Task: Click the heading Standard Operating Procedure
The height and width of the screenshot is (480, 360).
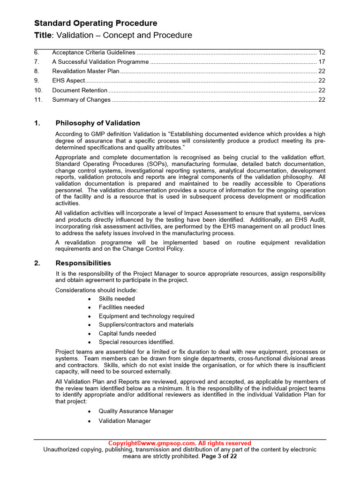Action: point(96,23)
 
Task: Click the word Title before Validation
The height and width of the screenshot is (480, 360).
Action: point(44,36)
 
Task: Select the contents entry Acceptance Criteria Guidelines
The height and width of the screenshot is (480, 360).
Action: point(93,52)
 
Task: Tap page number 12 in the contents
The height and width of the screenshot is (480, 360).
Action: point(322,52)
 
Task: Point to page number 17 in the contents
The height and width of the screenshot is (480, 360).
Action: point(322,62)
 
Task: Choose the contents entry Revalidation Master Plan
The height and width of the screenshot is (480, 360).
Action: point(86,71)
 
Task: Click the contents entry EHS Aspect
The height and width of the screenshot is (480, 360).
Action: point(68,81)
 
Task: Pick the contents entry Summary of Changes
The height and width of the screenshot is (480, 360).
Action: point(81,99)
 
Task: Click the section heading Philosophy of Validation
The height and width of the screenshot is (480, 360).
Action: point(97,123)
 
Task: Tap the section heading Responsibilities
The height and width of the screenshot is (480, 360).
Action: point(83,263)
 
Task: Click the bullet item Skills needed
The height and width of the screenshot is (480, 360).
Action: point(116,299)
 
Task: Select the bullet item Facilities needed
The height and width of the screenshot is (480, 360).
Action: point(121,307)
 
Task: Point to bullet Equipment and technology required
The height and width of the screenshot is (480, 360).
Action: point(146,316)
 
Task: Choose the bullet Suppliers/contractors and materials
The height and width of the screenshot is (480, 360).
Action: point(146,324)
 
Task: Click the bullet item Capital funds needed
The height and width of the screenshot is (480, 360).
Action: point(127,333)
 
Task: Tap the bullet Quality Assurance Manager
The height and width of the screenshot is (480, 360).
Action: point(135,411)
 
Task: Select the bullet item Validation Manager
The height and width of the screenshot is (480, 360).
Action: point(125,421)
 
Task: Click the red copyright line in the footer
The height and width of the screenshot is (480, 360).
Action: point(180,443)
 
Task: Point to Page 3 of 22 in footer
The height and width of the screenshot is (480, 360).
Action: point(219,456)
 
